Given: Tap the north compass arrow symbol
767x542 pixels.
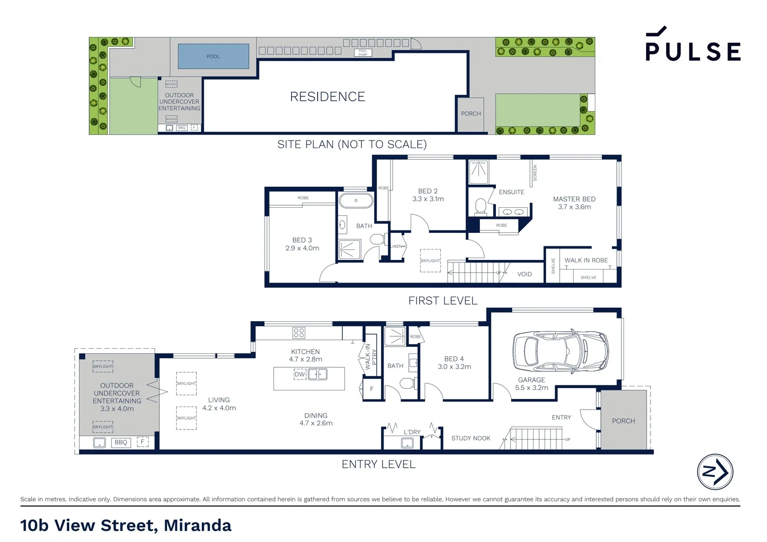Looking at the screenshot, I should pyautogui.click(x=715, y=472).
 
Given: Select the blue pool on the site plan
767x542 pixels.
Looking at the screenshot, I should pyautogui.click(x=213, y=56).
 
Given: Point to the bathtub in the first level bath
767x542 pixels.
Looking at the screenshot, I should pyautogui.click(x=356, y=201).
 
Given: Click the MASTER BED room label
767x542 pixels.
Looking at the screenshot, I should pyautogui.click(x=574, y=199).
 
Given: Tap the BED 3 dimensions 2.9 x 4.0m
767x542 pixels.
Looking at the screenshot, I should pyautogui.click(x=302, y=248).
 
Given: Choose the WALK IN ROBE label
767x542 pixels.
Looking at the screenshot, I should pyautogui.click(x=586, y=260).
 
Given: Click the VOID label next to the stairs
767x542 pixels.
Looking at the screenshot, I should pyautogui.click(x=525, y=274).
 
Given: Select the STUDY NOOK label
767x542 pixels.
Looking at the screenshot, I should pyautogui.click(x=470, y=438).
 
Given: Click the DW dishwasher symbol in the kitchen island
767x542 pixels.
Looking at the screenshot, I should pyautogui.click(x=300, y=374).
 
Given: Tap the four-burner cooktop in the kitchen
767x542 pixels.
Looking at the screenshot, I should pyautogui.click(x=299, y=333).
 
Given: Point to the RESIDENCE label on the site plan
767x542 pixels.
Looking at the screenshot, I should pyautogui.click(x=327, y=97).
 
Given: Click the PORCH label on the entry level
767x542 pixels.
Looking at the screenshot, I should pyautogui.click(x=623, y=421).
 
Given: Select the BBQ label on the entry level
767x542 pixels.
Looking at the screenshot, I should pyautogui.click(x=120, y=443).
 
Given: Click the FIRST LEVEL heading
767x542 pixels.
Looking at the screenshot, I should pyautogui.click(x=442, y=301).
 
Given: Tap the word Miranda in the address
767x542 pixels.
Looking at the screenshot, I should pyautogui.click(x=197, y=525).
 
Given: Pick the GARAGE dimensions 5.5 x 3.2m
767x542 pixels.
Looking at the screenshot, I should pyautogui.click(x=531, y=388).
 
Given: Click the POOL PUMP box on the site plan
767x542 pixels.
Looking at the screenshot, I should pyautogui.click(x=362, y=53).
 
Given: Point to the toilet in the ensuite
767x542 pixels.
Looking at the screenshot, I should pyautogui.click(x=480, y=206).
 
